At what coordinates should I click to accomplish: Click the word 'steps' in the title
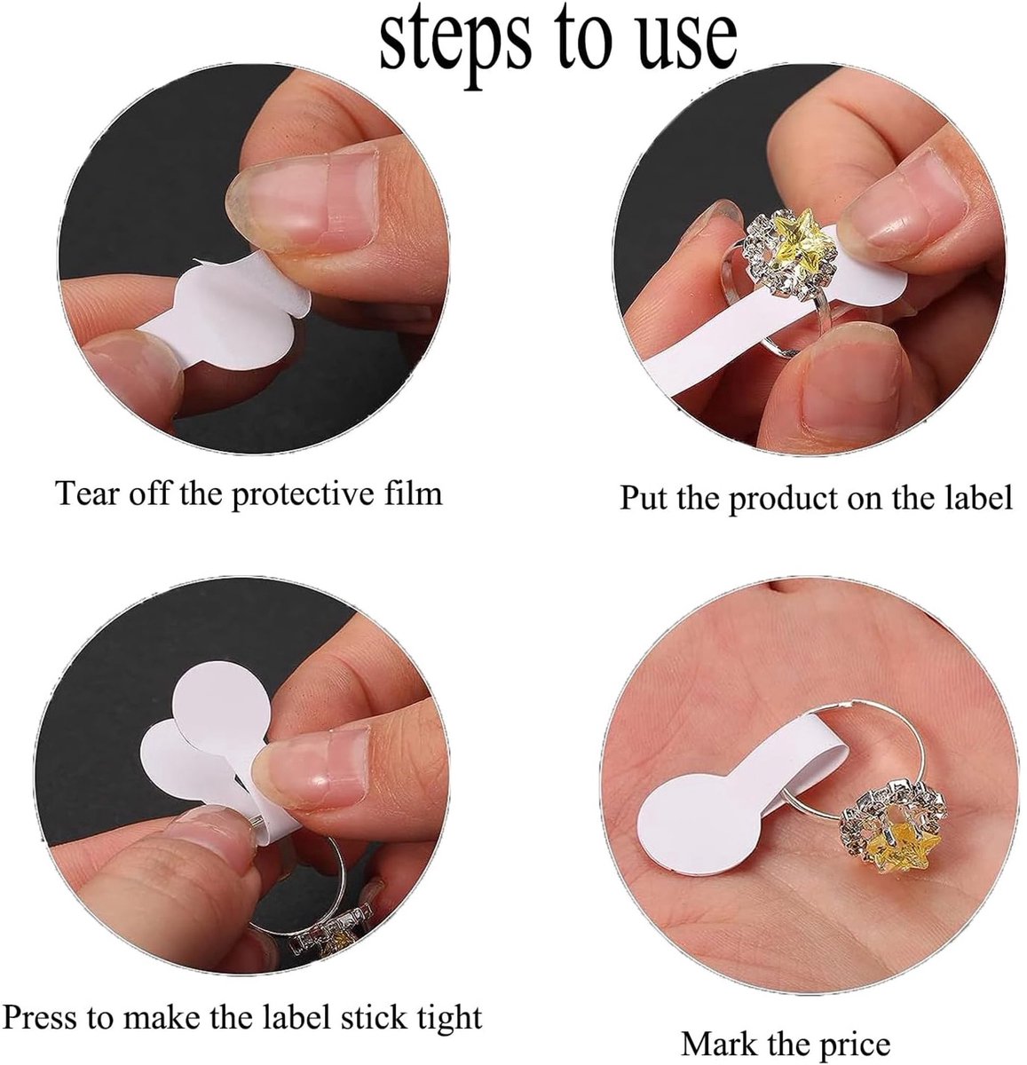455,45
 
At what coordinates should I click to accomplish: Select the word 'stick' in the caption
373,1017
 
